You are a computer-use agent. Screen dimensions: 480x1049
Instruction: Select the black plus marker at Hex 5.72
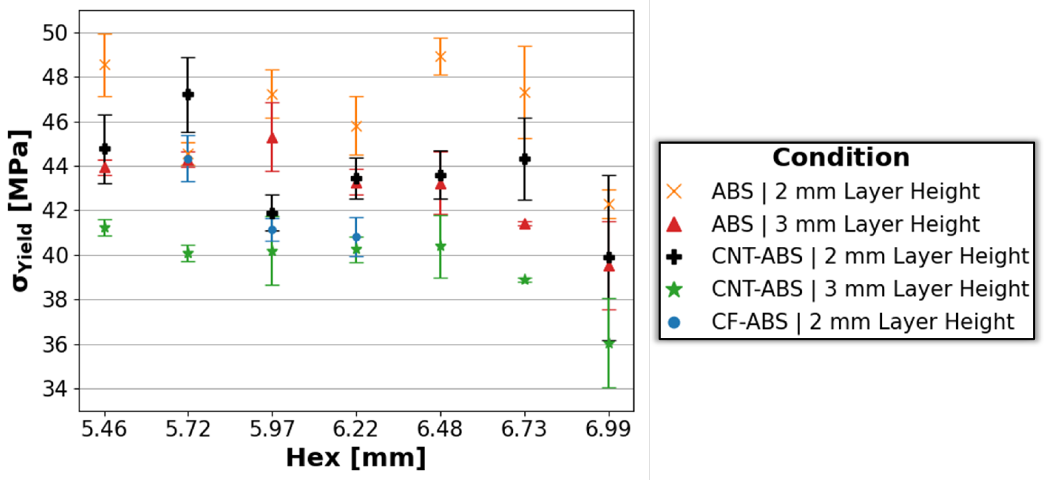click(188, 94)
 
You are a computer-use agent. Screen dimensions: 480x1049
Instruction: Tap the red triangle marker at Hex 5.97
click(272, 138)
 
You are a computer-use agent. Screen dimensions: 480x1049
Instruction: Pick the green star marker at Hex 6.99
click(609, 344)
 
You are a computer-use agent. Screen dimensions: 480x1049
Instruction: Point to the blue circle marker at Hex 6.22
click(356, 237)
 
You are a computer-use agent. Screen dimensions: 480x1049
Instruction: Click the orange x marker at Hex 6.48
click(440, 57)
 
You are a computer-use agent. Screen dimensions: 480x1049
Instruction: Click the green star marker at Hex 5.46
click(105, 228)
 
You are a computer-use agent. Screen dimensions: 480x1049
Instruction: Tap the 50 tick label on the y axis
click(55, 33)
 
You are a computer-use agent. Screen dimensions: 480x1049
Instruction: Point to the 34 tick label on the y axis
click(55, 389)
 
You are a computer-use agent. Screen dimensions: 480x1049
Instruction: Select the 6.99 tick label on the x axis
click(608, 429)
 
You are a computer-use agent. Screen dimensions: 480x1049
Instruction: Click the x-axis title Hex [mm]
click(356, 458)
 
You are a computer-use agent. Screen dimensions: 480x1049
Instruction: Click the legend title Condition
click(841, 157)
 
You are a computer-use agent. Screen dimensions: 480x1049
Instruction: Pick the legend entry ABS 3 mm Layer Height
click(845, 224)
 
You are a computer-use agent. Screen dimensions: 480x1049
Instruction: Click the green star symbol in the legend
click(674, 289)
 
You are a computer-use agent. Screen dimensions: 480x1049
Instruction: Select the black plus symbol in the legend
click(674, 257)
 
